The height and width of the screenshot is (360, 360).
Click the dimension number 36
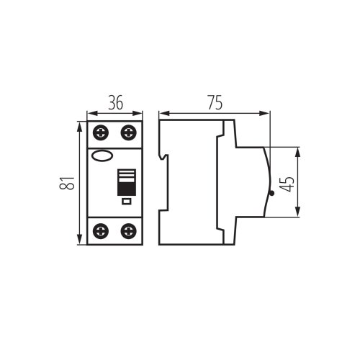(x=115, y=102)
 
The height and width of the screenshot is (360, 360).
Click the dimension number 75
(x=215, y=102)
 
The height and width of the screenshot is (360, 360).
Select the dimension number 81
(x=67, y=183)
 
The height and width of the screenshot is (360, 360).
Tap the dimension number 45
(x=287, y=184)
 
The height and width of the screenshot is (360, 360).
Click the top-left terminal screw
(x=101, y=132)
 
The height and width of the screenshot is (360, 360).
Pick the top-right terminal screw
(x=128, y=132)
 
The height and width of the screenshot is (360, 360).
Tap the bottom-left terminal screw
(x=101, y=231)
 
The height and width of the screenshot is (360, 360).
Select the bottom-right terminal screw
(x=128, y=231)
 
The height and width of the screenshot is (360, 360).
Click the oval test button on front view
(x=102, y=156)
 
